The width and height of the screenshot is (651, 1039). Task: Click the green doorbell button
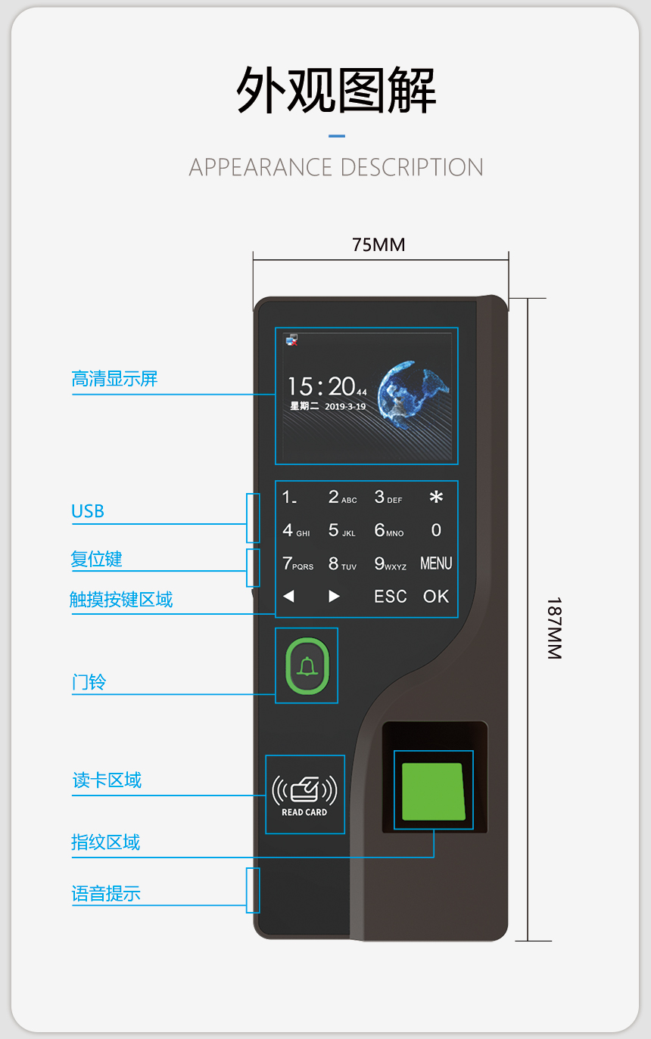point(307,666)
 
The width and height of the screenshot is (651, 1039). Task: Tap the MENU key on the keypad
point(436,563)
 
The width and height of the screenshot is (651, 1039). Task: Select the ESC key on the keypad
point(391,597)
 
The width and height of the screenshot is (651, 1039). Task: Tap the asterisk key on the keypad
point(436,498)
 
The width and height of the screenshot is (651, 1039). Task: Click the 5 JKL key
point(341,530)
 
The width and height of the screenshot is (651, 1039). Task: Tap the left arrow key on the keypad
point(288,596)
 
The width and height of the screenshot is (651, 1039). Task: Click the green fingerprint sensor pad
point(433,791)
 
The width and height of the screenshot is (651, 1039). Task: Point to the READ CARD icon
point(304,795)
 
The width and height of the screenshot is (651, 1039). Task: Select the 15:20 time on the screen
point(327,386)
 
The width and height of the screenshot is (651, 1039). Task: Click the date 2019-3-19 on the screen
point(345,406)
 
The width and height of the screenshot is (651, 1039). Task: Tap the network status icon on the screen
point(291,340)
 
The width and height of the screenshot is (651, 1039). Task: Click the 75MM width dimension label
point(378,244)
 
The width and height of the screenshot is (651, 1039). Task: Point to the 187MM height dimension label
point(554,628)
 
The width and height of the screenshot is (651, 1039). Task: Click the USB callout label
point(88,511)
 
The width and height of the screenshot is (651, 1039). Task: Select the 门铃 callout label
point(89,682)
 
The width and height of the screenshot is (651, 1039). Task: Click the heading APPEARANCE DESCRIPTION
point(335,167)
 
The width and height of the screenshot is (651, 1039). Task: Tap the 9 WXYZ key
point(390,563)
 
